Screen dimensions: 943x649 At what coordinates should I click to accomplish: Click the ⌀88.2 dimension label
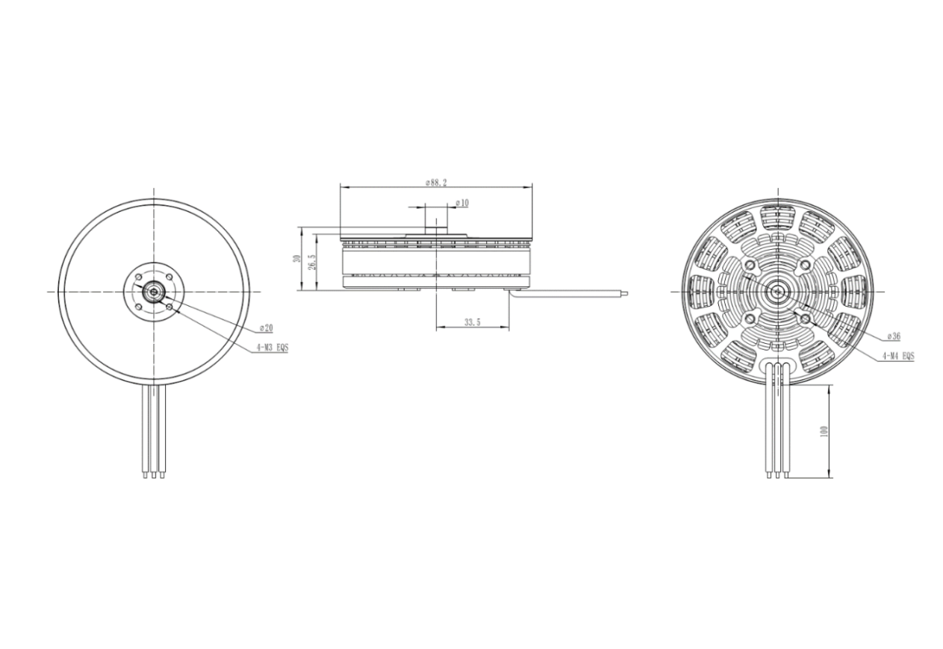pos(436,183)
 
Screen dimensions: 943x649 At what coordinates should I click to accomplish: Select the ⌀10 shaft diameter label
pos(462,203)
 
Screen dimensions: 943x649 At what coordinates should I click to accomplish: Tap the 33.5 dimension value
pos(472,322)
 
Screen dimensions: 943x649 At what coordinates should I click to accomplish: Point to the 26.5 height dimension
pos(312,263)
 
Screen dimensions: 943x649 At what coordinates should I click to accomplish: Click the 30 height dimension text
pos(298,258)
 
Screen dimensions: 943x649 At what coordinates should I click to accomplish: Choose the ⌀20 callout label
pos(267,327)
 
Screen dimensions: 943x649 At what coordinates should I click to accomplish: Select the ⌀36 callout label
pos(894,336)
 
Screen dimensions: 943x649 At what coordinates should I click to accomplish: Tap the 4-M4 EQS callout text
pos(898,357)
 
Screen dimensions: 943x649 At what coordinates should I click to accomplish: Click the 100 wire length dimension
pos(824,431)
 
